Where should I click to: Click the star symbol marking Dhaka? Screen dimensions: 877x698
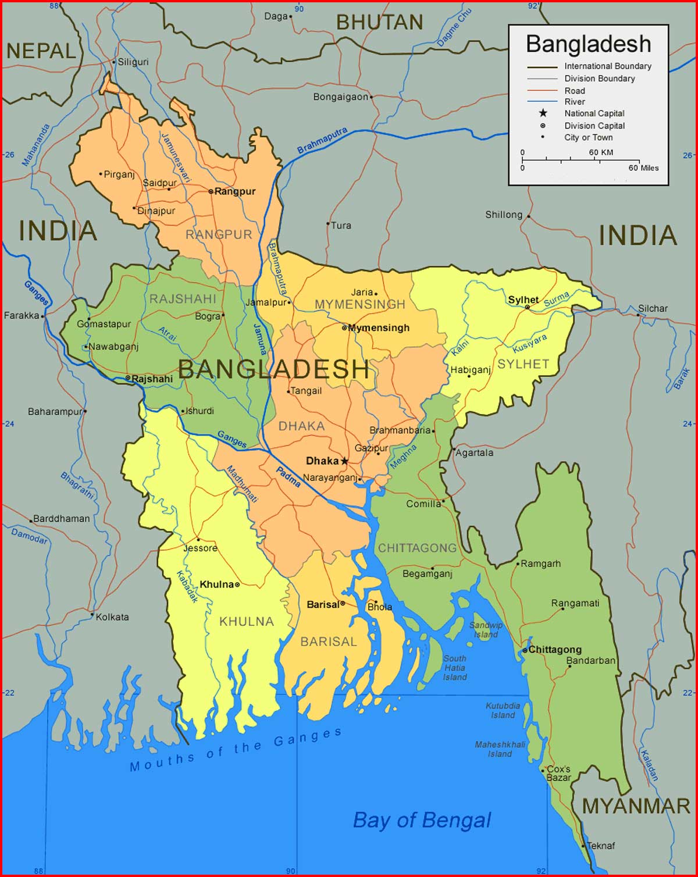(344, 461)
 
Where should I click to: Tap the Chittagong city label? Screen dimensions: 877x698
(555, 650)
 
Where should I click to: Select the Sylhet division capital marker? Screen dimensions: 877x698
(527, 307)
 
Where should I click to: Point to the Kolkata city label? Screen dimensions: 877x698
(112, 617)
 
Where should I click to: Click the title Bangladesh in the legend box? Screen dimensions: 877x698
(588, 44)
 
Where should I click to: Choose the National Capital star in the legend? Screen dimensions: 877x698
(543, 113)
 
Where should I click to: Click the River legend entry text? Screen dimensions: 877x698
(574, 102)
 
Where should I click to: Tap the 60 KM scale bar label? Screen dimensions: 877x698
(601, 152)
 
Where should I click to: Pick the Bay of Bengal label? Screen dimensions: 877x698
(422, 820)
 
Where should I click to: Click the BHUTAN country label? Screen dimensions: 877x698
(380, 23)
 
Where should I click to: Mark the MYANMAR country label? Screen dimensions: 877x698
(636, 806)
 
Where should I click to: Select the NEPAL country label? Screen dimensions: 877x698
(41, 51)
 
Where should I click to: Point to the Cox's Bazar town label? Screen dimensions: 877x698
(558, 773)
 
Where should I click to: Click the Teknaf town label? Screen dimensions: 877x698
(601, 846)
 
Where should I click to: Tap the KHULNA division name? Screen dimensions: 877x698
(247, 622)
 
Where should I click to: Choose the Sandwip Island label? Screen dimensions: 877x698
(486, 630)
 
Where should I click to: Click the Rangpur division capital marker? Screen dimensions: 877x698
(211, 191)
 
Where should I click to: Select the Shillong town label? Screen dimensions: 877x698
(504, 215)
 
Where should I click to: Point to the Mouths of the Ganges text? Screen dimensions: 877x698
(236, 750)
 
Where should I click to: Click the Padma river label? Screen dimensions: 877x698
(289, 477)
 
